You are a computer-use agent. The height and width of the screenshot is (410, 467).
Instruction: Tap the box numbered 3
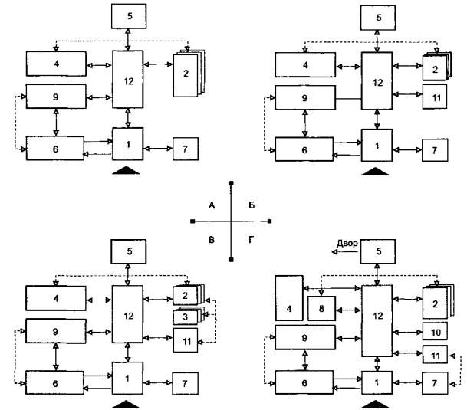186,316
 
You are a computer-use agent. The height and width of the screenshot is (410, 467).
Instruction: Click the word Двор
347,243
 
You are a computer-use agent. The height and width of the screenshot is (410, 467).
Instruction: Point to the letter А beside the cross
210,205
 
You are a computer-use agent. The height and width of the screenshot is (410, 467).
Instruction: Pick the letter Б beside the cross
252,205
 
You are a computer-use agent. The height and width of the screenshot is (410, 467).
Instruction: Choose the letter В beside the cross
210,239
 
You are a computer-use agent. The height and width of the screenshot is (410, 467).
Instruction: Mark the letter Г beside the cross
252,239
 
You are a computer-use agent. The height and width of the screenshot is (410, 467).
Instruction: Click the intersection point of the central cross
231,221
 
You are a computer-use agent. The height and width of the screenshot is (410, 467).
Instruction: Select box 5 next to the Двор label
377,250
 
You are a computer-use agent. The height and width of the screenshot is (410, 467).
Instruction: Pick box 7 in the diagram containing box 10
434,381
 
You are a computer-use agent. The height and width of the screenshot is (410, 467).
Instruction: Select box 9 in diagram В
54,331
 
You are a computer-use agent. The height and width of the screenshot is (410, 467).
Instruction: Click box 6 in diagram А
54,146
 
